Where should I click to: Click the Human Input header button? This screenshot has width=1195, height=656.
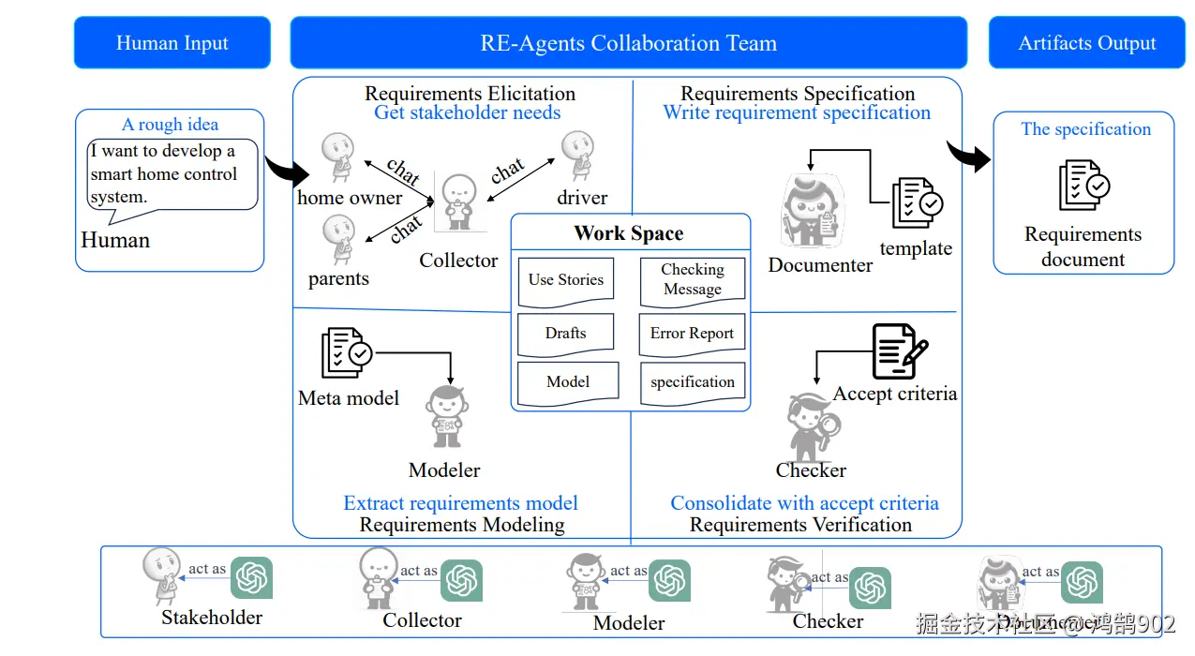click(172, 43)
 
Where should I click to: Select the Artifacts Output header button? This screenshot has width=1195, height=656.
click(1087, 43)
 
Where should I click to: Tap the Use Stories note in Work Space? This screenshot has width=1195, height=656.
click(566, 280)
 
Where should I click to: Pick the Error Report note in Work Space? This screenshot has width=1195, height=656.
click(692, 335)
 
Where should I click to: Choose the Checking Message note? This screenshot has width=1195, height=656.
click(693, 280)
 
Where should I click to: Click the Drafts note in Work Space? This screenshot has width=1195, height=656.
click(566, 334)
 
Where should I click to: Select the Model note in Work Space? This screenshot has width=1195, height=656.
click(568, 382)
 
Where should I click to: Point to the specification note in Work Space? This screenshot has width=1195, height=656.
click(693, 382)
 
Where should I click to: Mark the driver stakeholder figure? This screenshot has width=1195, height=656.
click(577, 157)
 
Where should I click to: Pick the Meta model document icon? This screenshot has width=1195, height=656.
click(346, 353)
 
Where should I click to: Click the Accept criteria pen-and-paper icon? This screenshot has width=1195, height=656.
click(899, 351)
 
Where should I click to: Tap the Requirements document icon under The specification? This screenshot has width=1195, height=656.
click(1083, 186)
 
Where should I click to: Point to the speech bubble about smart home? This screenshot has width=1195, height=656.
click(172, 175)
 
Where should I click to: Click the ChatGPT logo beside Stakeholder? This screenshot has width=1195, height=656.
click(252, 577)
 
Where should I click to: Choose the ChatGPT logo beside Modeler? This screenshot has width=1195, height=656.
click(670, 580)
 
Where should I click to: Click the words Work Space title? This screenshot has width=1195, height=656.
click(629, 234)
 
